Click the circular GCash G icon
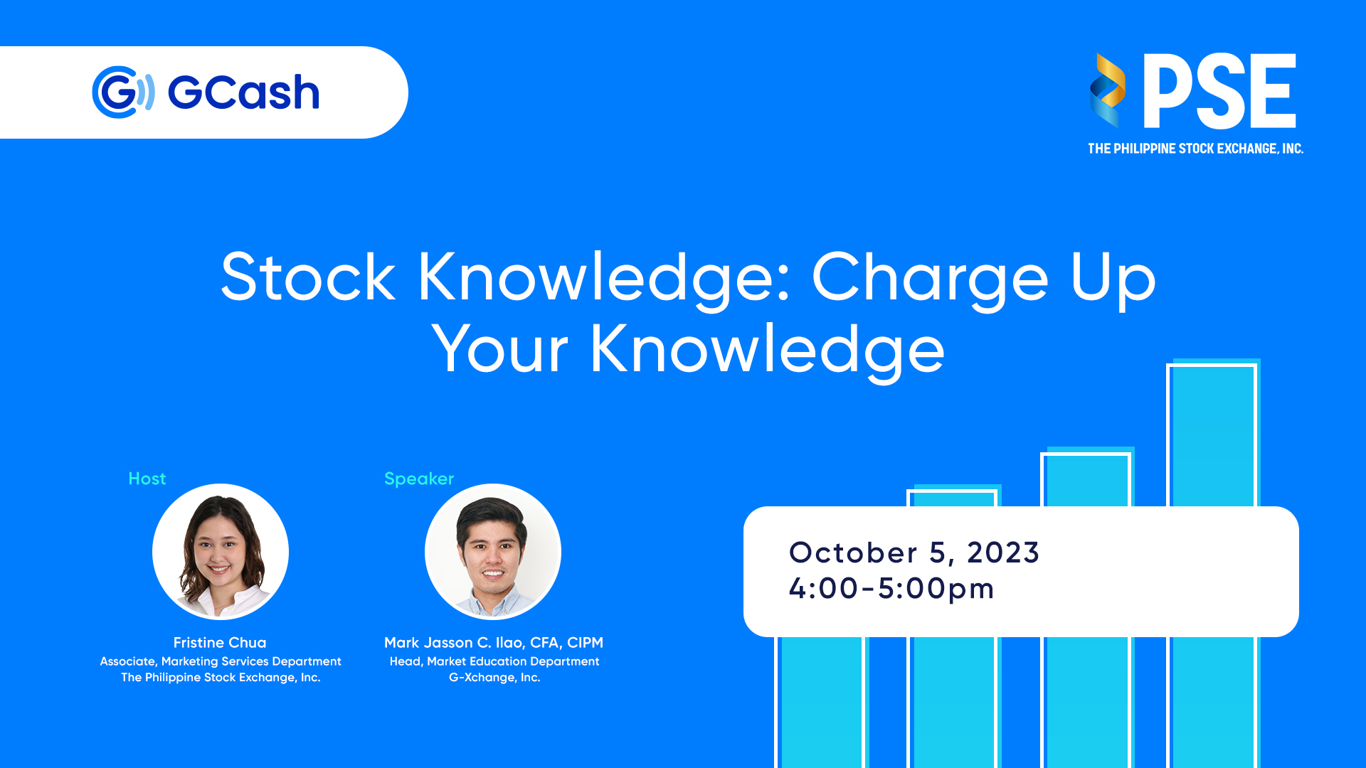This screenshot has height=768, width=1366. (123, 92)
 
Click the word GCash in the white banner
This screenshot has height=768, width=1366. (243, 92)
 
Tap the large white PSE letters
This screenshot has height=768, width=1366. (1219, 91)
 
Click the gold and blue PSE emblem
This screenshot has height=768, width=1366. (1107, 91)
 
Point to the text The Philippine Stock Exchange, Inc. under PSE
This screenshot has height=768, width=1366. (1195, 149)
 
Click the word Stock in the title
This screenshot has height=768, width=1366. (308, 277)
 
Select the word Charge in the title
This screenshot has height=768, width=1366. (930, 280)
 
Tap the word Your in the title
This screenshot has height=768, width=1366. (500, 348)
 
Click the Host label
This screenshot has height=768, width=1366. (147, 479)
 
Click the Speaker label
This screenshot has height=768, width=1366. (419, 479)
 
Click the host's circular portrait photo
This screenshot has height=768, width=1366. (221, 552)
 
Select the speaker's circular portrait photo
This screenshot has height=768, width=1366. (493, 552)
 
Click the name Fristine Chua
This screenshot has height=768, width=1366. (220, 642)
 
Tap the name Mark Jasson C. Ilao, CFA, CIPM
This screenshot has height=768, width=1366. (494, 643)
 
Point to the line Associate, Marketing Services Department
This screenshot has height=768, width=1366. (221, 661)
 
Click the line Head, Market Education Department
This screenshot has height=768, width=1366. (494, 661)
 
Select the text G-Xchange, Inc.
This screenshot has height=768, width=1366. (494, 678)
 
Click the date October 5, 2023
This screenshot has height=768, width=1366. (914, 553)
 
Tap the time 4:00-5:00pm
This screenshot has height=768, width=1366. (891, 589)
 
